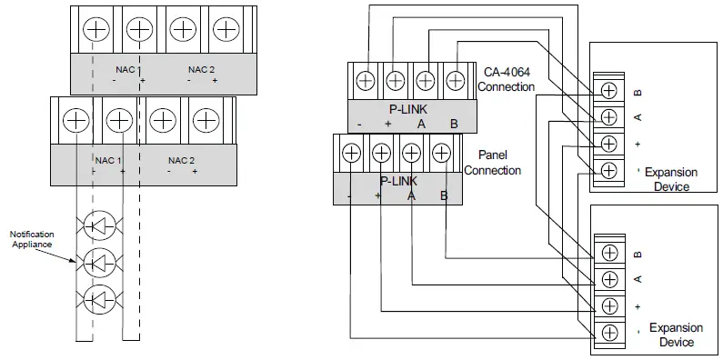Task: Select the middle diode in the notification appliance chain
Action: [104, 263]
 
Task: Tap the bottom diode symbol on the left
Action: [104, 299]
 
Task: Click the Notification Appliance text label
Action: [33, 240]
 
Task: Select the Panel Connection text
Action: [492, 164]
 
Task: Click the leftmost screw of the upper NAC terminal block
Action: [95, 29]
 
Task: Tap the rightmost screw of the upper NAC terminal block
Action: [226, 29]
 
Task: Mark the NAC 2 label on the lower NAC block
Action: [182, 160]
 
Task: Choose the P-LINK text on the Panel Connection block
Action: [397, 180]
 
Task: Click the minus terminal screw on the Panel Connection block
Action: [352, 153]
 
